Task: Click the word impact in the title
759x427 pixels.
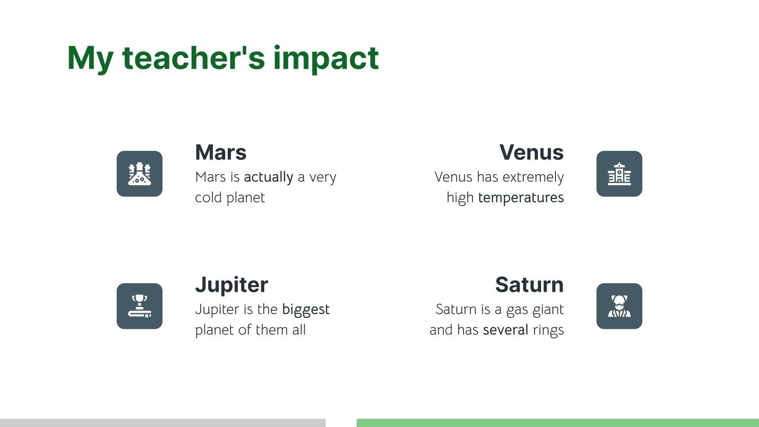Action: [326, 58]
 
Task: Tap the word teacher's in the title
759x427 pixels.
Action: [194, 58]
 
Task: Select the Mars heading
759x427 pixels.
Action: [221, 153]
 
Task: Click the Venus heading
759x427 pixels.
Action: [531, 153]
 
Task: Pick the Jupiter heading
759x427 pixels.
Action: [231, 285]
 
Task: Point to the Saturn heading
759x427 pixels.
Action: [529, 285]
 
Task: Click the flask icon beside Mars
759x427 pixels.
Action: [139, 174]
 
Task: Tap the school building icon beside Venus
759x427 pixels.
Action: [619, 174]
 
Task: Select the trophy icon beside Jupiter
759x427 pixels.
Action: [139, 306]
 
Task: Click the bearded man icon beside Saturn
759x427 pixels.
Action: [619, 306]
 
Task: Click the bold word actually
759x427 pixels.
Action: [268, 177]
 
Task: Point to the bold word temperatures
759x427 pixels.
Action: [521, 198]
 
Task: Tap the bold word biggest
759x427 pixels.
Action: [305, 310]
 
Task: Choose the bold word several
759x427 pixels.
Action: [505, 330]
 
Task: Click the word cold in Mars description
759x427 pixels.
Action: [208, 198]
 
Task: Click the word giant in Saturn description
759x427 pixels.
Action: [547, 310]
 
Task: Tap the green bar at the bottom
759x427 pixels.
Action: [557, 423]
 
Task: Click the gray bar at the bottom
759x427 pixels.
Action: [163, 423]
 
